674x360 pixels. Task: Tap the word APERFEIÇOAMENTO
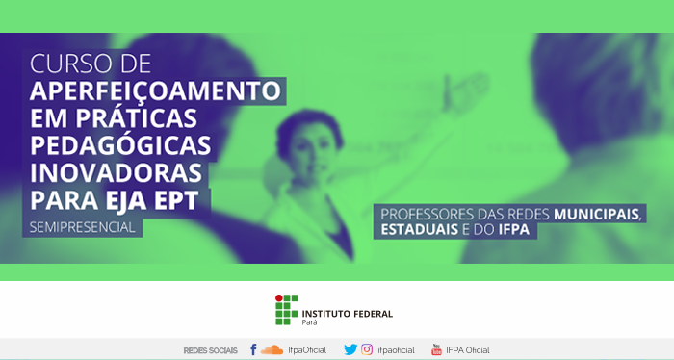[x=155, y=91]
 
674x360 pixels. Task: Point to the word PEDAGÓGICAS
[x=120, y=145]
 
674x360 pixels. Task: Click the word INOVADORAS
[x=117, y=172]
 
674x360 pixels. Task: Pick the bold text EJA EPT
[x=152, y=200]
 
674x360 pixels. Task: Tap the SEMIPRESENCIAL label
[x=83, y=227]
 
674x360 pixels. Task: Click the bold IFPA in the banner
[x=514, y=229]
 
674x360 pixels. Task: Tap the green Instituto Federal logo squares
[x=287, y=310]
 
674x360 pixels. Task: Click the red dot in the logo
[x=279, y=298]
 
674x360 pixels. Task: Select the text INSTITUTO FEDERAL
[x=348, y=314]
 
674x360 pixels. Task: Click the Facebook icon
[x=253, y=349]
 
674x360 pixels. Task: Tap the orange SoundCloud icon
[x=272, y=350]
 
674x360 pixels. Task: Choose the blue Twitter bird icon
[x=350, y=349]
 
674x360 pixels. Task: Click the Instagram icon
[x=367, y=349]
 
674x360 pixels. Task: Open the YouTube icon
[x=436, y=349]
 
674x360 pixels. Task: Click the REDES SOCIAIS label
[x=210, y=350]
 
